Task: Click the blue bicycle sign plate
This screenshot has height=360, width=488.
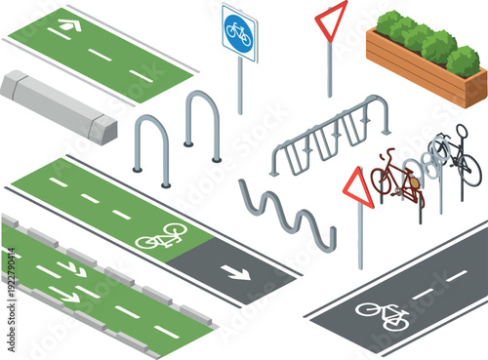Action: coord(239,34)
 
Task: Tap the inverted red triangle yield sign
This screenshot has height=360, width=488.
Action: coord(331,18)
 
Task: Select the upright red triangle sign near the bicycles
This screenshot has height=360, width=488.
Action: coord(358,187)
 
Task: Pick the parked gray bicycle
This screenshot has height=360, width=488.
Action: coord(457,153)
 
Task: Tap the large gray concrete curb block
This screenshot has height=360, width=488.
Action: coord(58,106)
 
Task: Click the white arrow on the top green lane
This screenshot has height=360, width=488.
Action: coord(69,23)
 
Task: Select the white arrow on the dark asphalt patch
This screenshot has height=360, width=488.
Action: coord(235,270)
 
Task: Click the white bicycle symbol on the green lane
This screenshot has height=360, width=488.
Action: coord(161,235)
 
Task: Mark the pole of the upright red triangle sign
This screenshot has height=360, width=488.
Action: coord(360,239)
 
